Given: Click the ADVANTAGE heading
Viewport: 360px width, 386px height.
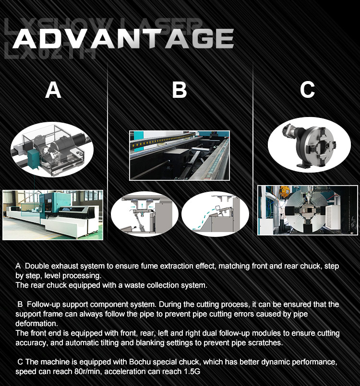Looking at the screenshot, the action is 123,39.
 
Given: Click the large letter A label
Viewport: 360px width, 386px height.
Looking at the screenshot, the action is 53,90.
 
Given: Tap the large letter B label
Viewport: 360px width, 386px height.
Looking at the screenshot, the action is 179,90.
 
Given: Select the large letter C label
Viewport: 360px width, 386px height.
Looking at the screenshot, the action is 307,90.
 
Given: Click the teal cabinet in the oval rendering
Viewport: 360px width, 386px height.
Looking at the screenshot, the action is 33,159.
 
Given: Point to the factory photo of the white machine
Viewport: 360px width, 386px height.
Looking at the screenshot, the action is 53,215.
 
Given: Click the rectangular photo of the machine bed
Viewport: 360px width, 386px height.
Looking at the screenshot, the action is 180,155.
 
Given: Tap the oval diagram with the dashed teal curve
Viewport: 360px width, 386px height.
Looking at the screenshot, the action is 215,214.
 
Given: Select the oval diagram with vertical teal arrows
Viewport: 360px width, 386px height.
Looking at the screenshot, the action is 144,214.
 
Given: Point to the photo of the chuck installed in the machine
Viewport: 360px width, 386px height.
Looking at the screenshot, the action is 308,210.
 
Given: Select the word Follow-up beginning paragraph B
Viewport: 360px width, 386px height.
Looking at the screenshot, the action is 43,304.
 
